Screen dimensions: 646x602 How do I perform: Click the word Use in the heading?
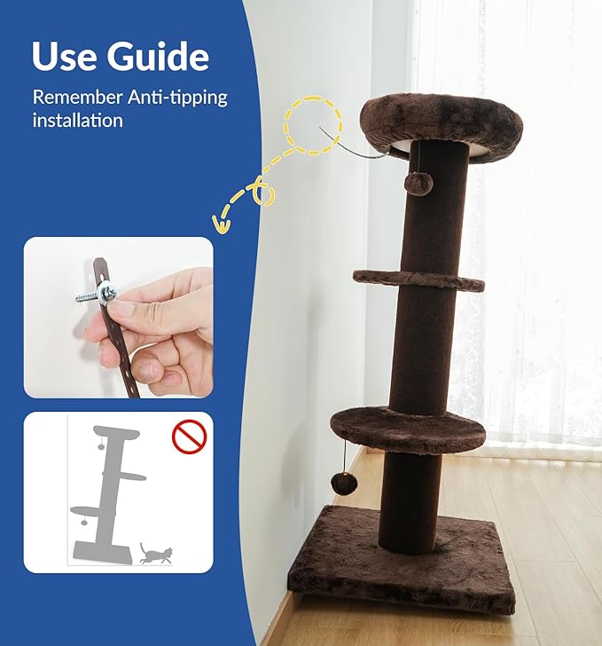click(65, 56)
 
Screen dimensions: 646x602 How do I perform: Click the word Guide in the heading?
click(159, 57)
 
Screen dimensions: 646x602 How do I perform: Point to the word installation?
click(77, 120)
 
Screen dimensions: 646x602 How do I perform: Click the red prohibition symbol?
click(189, 436)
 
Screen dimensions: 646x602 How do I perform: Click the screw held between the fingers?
click(92, 295)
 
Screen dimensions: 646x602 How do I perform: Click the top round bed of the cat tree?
click(441, 124)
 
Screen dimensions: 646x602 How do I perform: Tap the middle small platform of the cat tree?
click(418, 280)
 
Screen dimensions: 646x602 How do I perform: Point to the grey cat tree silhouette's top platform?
click(118, 433)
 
